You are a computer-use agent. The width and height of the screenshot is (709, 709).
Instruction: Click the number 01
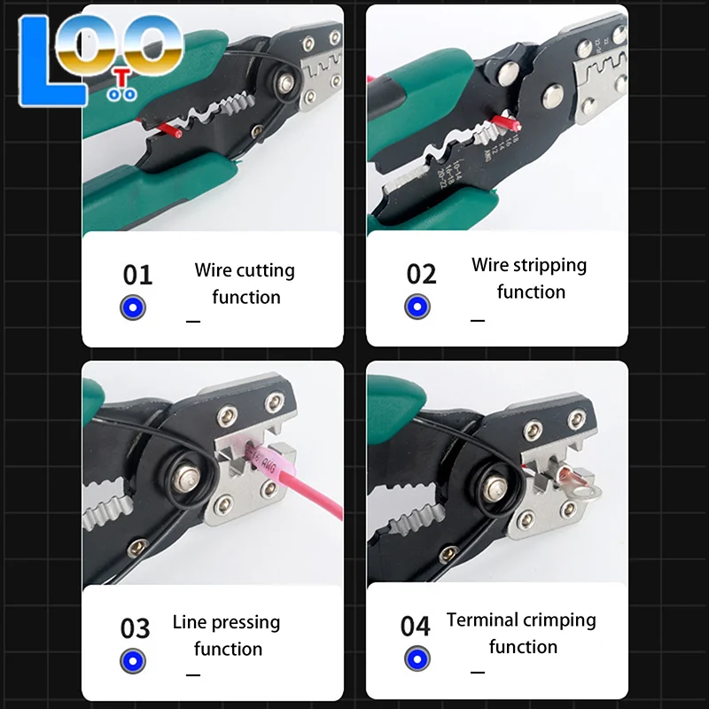(137, 275)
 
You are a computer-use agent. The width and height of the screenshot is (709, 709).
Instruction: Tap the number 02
(422, 274)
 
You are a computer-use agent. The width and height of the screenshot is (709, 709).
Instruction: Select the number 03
(136, 628)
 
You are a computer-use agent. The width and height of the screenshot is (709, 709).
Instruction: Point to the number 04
(415, 627)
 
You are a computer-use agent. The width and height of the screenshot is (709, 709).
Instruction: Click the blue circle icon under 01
(133, 308)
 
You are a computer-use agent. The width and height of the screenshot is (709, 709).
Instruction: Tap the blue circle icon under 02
(417, 307)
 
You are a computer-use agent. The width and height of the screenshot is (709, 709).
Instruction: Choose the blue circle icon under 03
(133, 660)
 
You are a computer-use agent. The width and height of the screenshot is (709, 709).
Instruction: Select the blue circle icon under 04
(417, 658)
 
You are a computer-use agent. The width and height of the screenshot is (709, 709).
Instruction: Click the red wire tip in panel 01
(168, 131)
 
